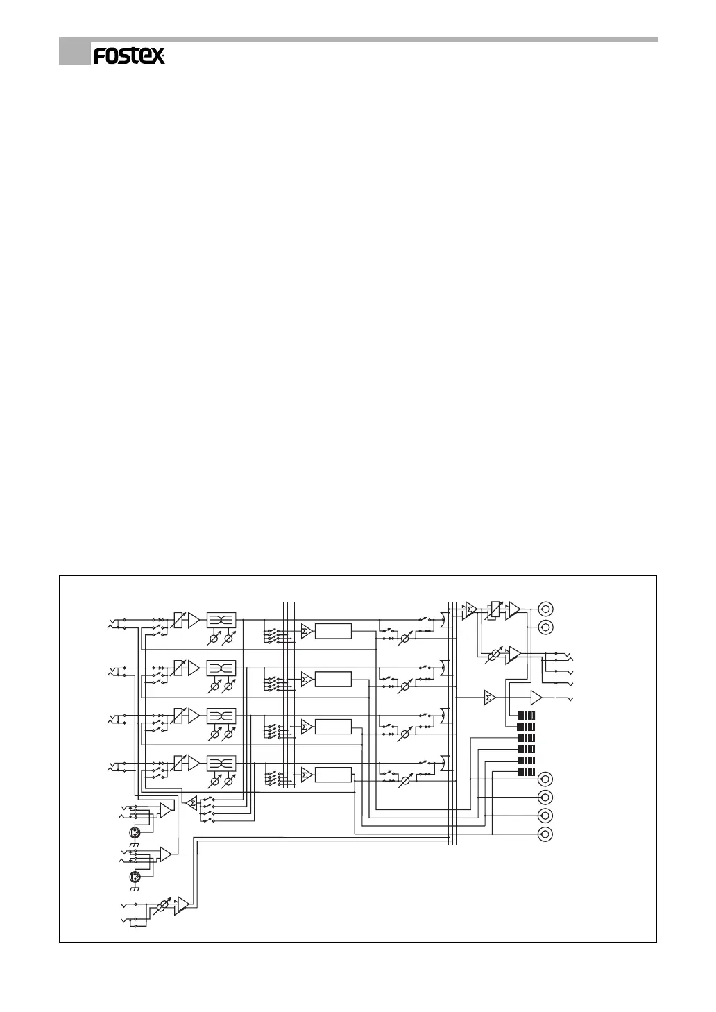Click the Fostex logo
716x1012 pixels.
click(x=130, y=56)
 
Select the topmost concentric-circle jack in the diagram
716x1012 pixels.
click(x=546, y=609)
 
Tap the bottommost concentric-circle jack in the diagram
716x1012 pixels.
click(x=546, y=834)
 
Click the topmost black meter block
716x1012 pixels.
click(x=527, y=716)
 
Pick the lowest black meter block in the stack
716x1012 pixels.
click(x=527, y=771)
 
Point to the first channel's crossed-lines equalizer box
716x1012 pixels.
click(x=221, y=620)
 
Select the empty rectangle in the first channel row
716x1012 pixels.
click(x=333, y=631)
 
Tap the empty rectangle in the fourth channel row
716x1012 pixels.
click(x=333, y=775)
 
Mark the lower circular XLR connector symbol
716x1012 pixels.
click(x=136, y=875)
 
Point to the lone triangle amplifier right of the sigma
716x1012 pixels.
click(x=536, y=698)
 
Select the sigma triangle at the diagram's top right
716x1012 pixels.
click(x=470, y=610)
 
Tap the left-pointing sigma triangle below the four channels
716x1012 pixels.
click(x=191, y=802)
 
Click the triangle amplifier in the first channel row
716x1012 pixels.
click(x=194, y=620)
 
